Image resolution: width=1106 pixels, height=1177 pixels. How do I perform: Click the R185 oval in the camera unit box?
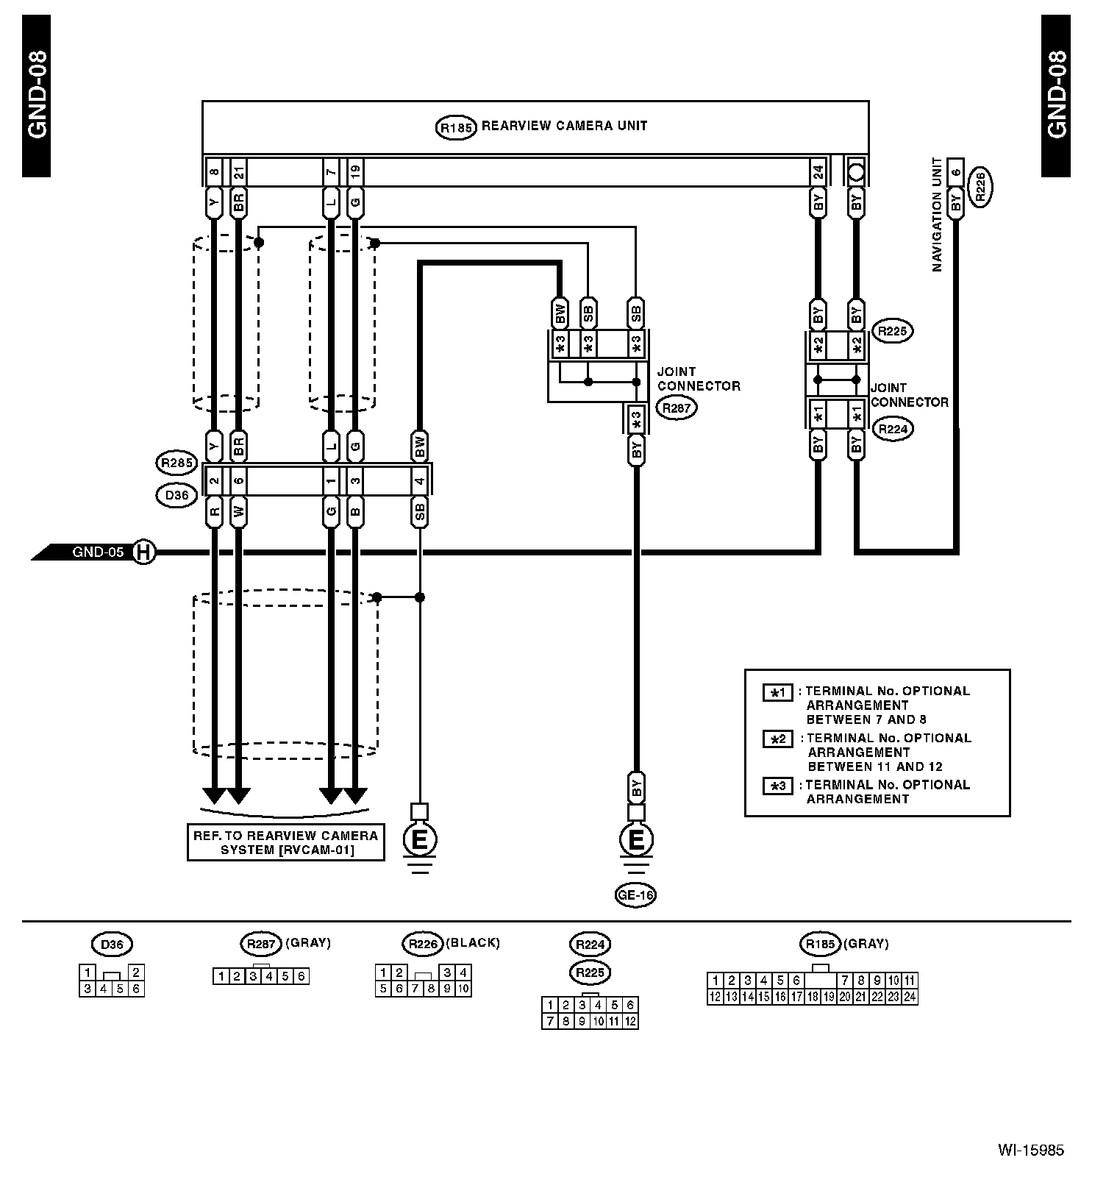click(x=456, y=127)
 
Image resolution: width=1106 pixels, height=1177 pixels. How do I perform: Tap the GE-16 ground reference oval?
click(x=635, y=895)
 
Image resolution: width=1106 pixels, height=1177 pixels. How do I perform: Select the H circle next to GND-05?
click(x=144, y=552)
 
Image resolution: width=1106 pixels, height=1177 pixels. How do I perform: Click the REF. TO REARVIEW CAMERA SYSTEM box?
click(x=285, y=842)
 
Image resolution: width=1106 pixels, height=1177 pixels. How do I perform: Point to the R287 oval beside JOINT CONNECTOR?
click(x=676, y=408)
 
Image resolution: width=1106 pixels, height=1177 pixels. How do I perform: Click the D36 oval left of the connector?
click(x=177, y=496)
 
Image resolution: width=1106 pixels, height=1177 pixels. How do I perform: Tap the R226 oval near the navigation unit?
click(x=981, y=187)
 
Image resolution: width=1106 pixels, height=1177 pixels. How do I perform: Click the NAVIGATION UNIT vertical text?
click(x=937, y=215)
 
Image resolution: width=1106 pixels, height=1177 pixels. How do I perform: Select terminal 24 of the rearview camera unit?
click(x=818, y=173)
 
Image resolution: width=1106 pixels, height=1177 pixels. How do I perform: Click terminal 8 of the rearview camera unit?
click(x=214, y=173)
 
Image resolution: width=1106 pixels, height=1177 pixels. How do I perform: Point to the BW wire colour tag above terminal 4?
click(x=420, y=447)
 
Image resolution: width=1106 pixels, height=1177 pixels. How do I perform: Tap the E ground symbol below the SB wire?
click(x=419, y=839)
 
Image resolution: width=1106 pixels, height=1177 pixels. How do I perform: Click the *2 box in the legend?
click(x=778, y=739)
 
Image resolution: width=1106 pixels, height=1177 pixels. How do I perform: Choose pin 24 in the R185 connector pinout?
click(x=910, y=997)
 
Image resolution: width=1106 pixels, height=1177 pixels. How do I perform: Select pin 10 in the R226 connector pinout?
click(x=463, y=989)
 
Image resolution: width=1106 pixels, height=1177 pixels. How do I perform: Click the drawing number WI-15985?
click(x=1030, y=1151)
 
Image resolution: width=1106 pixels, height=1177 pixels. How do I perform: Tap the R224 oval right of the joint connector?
click(x=893, y=430)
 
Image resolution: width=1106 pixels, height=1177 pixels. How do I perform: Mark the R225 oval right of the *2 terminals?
click(x=893, y=332)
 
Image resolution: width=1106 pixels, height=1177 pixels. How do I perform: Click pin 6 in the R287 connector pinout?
click(x=301, y=976)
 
